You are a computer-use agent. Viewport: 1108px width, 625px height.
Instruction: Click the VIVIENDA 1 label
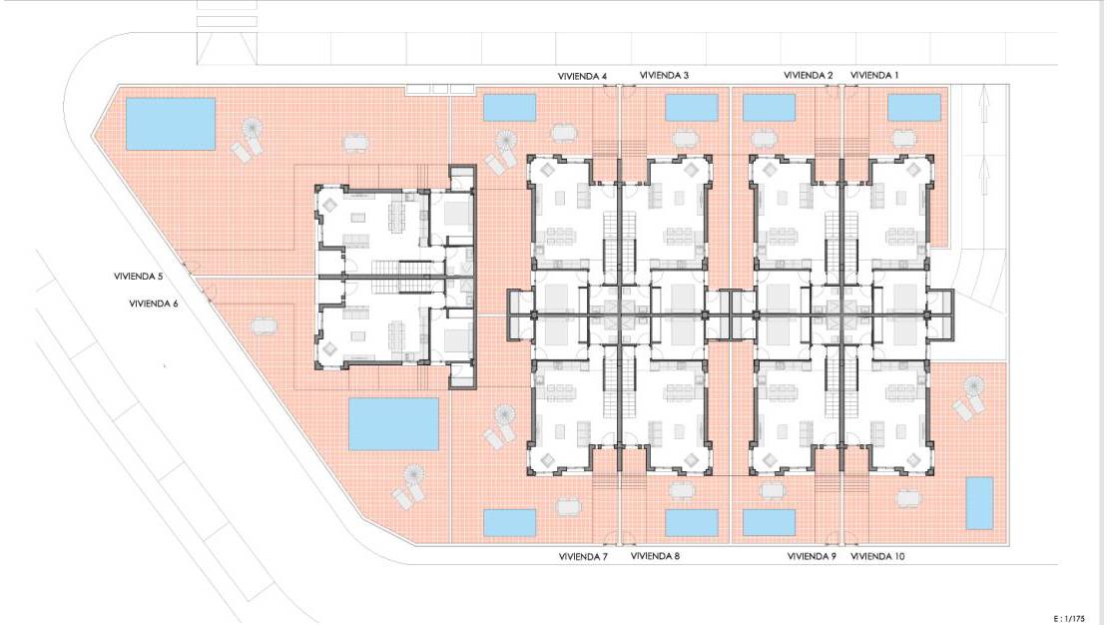[x=874, y=75]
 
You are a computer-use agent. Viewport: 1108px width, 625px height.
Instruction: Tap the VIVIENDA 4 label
[x=582, y=76]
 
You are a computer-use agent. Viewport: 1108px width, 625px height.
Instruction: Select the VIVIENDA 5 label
[x=139, y=277]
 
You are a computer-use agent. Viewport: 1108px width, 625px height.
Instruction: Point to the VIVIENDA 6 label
[x=154, y=304]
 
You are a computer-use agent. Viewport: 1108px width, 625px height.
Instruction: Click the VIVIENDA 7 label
[x=583, y=557]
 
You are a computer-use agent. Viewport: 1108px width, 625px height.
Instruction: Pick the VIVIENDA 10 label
[x=877, y=556]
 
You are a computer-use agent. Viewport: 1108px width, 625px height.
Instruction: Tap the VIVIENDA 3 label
[x=664, y=75]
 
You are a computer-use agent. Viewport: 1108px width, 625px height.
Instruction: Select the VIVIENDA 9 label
[x=812, y=556]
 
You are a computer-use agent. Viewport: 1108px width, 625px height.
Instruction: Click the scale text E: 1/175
[x=1068, y=619]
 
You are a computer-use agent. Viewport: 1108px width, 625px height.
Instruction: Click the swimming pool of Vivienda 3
[x=692, y=108]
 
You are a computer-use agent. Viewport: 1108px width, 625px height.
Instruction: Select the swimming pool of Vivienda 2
[x=769, y=108]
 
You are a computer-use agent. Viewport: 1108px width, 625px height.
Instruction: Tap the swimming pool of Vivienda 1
[x=913, y=108]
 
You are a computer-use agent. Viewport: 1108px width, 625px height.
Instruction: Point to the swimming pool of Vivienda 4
[x=509, y=108]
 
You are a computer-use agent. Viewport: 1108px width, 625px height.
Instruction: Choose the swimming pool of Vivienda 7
[x=509, y=522]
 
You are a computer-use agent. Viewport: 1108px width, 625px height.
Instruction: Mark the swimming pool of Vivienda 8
[x=692, y=523]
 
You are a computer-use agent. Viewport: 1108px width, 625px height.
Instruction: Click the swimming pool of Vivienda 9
[x=769, y=523]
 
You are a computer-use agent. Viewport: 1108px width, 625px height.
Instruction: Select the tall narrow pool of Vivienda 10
[x=978, y=503]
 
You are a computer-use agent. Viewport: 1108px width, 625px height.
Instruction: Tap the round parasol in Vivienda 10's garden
[x=973, y=386]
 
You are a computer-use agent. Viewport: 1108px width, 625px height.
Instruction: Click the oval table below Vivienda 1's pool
[x=904, y=139]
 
